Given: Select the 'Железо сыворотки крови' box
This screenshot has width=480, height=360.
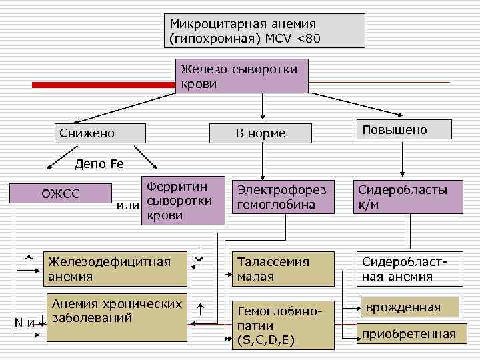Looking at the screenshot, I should [x=241, y=76].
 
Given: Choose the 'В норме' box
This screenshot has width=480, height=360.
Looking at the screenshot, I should [x=261, y=133].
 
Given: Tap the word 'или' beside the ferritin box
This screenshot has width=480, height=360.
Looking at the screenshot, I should [x=127, y=205].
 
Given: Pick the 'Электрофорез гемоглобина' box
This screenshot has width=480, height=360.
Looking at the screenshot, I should [x=283, y=197].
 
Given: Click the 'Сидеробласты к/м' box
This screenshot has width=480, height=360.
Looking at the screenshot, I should [x=407, y=197].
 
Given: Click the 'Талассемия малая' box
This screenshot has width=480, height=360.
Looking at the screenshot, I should [x=283, y=269].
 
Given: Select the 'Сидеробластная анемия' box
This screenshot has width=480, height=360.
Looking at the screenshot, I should [x=407, y=269].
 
